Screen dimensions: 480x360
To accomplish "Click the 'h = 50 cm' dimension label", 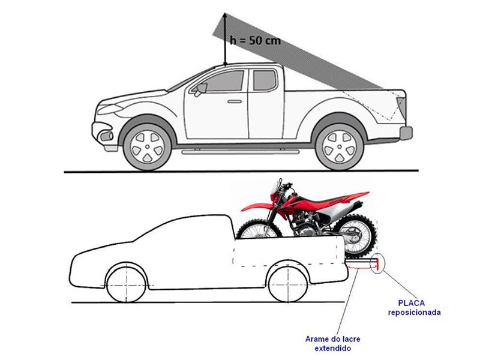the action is coord(255,40).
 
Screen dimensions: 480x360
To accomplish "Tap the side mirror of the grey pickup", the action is coord(201,89).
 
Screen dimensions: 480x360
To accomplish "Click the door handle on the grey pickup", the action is coord(235,101).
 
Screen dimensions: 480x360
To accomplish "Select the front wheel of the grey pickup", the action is coord(147,147).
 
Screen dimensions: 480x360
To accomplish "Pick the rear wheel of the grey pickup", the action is coord(340,146).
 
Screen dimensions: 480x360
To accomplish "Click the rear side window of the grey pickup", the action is coord(265,80).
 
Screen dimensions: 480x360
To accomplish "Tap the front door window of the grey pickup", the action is coord(221,81).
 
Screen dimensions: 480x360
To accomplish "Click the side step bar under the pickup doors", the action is coord(241,152).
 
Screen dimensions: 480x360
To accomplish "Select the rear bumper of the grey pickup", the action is coord(406,133).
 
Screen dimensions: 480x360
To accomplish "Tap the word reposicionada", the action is coord(414,313).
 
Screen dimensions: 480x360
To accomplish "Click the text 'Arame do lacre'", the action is coord(332,339).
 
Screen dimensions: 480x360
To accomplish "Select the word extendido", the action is coord(333,349).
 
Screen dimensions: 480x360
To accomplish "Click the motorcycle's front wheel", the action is coord(259,229).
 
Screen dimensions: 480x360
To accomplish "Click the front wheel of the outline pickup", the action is coord(127,284).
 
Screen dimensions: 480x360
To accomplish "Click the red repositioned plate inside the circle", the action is coord(377,264).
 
